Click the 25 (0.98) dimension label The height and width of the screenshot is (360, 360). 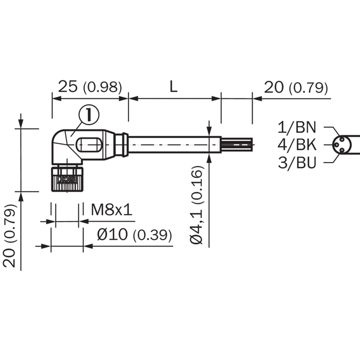pyautogui.click(x=90, y=87)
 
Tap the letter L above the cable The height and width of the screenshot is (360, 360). pyautogui.click(x=174, y=86)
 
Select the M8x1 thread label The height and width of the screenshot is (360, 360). pyautogui.click(x=112, y=210)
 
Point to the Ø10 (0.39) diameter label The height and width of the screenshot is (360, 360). pyautogui.click(x=134, y=235)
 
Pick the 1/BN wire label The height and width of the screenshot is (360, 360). pyautogui.click(x=297, y=127)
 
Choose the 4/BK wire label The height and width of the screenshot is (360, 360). pyautogui.click(x=297, y=145)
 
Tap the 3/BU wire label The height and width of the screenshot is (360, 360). pyautogui.click(x=297, y=162)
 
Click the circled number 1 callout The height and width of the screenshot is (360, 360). pyautogui.click(x=89, y=115)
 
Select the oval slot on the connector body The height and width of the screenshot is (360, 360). pyautogui.click(x=88, y=144)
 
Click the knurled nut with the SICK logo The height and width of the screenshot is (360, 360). pyautogui.click(x=67, y=179)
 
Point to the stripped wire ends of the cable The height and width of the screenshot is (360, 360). pyautogui.click(x=237, y=144)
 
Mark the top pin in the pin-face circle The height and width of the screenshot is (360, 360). pyautogui.click(x=342, y=139)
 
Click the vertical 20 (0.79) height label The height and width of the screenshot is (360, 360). pyautogui.click(x=9, y=236)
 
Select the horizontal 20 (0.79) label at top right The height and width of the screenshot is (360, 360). pyautogui.click(x=296, y=87)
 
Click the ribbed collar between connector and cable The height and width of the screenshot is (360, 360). pyautogui.click(x=121, y=144)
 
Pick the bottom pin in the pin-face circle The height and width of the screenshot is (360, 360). pyautogui.click(x=342, y=150)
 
